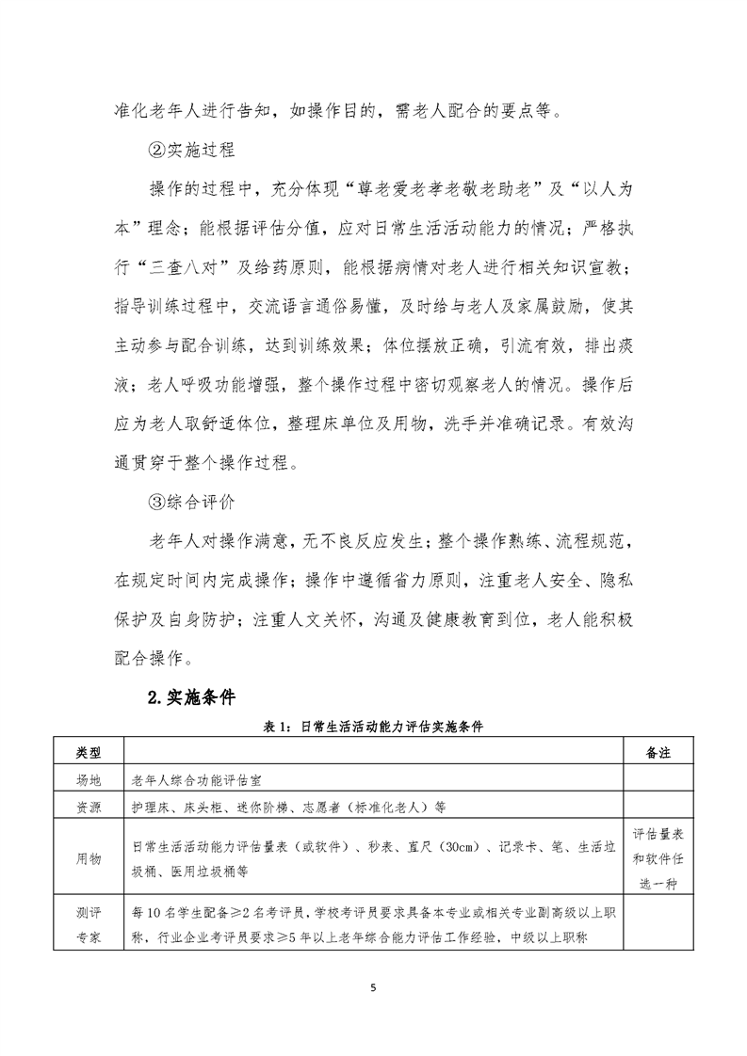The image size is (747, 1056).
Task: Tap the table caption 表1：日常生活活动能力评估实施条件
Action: click(374, 727)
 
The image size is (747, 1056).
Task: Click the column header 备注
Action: click(658, 754)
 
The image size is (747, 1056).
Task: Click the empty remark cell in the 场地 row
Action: click(658, 780)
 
